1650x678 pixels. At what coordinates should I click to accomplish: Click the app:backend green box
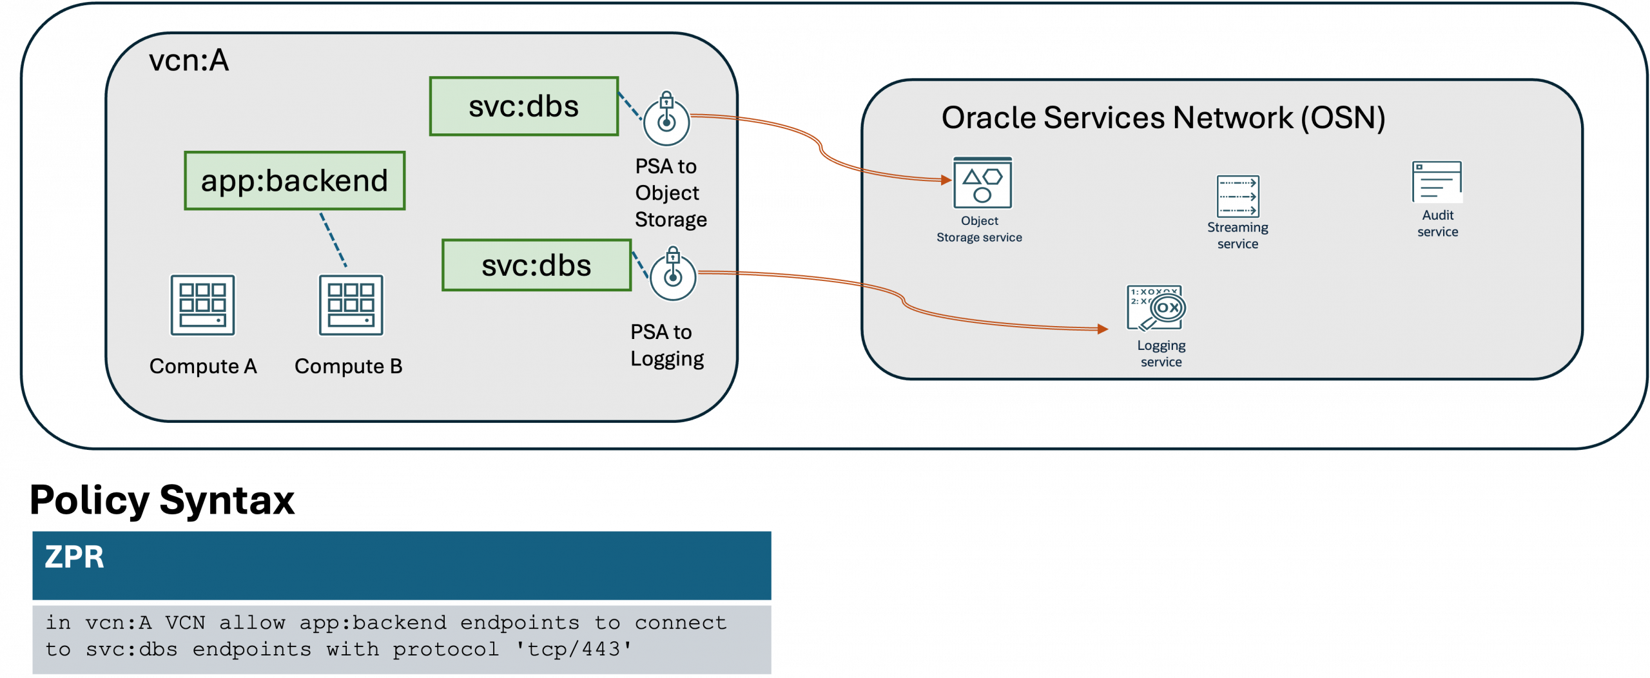click(x=295, y=180)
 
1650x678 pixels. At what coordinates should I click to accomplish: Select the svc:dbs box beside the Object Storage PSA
click(x=523, y=106)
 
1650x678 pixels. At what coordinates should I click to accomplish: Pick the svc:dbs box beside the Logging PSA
click(x=536, y=265)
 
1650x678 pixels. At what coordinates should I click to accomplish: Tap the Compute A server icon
click(x=202, y=305)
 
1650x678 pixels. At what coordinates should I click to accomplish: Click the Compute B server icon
click(x=351, y=305)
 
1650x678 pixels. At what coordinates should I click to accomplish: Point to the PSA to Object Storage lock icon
click(x=666, y=119)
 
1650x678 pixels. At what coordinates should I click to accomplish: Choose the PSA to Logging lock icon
click(x=673, y=275)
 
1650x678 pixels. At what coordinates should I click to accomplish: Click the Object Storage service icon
click(x=982, y=183)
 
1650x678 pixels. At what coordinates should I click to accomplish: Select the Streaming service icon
click(x=1237, y=197)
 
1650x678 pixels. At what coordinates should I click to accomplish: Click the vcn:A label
click(x=189, y=61)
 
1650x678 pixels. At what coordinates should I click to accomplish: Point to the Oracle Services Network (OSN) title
click(x=1163, y=118)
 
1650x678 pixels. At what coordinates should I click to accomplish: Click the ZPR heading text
click(x=74, y=557)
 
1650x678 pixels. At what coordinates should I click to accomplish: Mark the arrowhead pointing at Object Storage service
click(x=946, y=180)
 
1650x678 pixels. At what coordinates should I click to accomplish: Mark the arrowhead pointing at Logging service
click(x=1103, y=329)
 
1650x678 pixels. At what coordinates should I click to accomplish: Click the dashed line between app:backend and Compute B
click(x=333, y=239)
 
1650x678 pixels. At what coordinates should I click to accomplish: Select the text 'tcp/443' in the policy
click(x=574, y=649)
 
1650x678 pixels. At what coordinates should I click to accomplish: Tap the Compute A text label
click(x=203, y=366)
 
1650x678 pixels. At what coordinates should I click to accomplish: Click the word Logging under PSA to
click(x=667, y=359)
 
